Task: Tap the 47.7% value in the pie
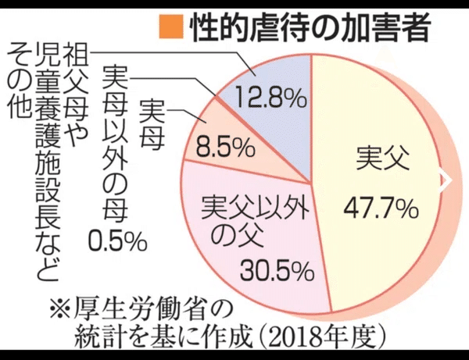point(380,209)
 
